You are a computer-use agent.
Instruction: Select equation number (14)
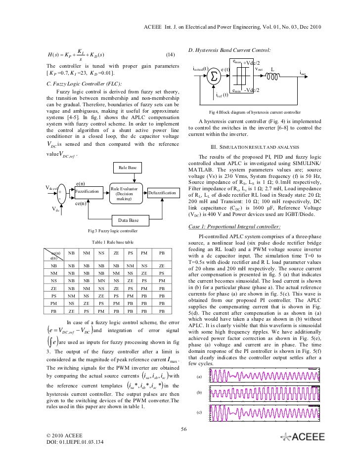click(171, 54)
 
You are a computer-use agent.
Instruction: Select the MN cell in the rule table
click(101, 280)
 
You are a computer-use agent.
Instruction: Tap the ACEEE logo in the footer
click(303, 437)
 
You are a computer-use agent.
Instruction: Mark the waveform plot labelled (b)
click(279, 393)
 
